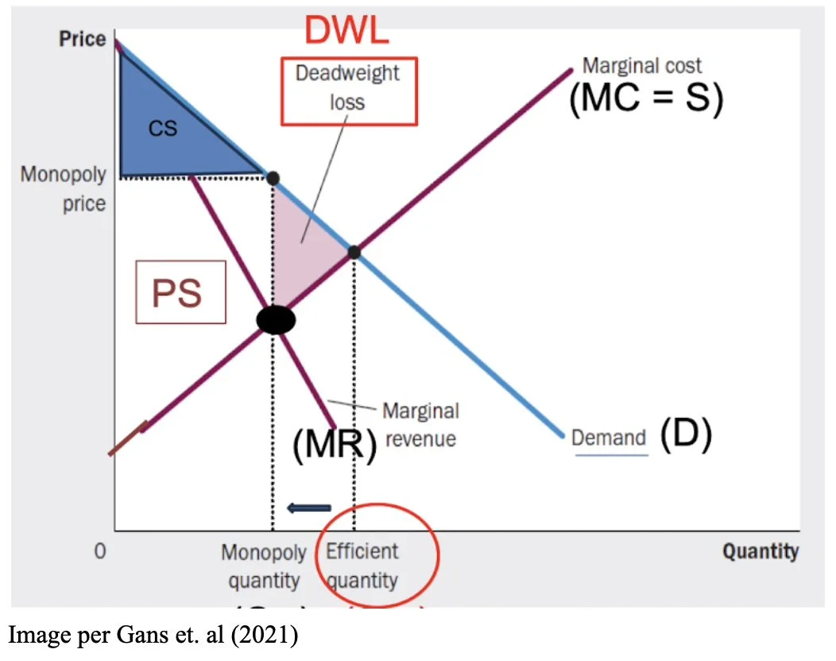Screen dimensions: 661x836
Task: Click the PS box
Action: coord(180,293)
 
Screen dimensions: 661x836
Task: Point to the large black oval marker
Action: coord(276,320)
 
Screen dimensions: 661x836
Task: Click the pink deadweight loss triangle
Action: coord(305,238)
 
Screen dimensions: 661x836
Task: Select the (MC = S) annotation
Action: coord(645,101)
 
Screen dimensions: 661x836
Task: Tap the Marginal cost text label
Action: coord(642,65)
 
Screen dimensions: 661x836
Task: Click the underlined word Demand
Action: coord(609,438)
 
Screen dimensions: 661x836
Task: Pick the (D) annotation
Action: coord(685,435)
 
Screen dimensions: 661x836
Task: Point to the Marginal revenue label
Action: coord(420,424)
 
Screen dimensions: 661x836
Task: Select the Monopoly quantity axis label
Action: coord(263,566)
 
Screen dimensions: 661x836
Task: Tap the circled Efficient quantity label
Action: coord(362,566)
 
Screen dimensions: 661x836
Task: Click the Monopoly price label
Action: coord(64,189)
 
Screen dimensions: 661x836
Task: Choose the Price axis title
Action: coord(82,39)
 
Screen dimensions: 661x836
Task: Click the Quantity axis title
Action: coord(760,551)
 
